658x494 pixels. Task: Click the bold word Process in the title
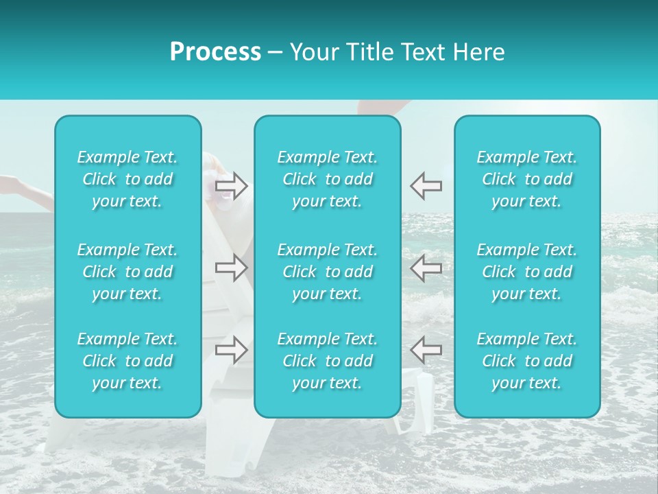215,52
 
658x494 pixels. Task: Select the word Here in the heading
479,52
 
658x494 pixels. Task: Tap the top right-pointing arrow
232,185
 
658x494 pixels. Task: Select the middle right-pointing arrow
232,268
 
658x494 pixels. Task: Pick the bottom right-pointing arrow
232,350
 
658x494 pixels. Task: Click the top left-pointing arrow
426,185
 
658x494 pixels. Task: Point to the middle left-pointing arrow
426,268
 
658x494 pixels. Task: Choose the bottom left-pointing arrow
426,350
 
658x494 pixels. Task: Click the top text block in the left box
127,179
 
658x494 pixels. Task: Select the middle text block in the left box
127,272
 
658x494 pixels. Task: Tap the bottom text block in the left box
127,361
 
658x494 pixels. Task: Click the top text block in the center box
328,179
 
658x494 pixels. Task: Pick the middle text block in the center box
328,272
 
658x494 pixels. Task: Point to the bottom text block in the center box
328,361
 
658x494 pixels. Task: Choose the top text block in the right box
527,179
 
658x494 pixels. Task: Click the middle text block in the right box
527,272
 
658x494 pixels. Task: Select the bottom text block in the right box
527,361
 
